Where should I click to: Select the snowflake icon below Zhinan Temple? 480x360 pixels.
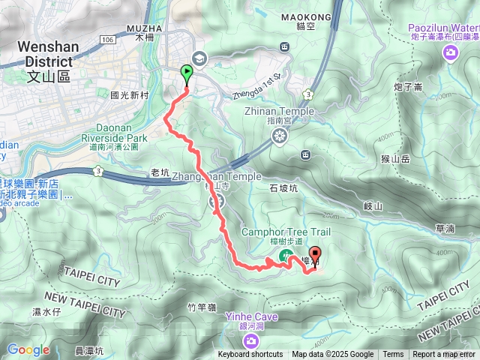280,136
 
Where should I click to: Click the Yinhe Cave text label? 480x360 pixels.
251,317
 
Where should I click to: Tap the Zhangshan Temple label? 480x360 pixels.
216,177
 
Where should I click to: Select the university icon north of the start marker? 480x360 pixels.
199,56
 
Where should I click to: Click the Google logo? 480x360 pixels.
28,350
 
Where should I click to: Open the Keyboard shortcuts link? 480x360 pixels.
250,355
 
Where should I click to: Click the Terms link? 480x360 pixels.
393,355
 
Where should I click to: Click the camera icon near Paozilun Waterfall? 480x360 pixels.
450,52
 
